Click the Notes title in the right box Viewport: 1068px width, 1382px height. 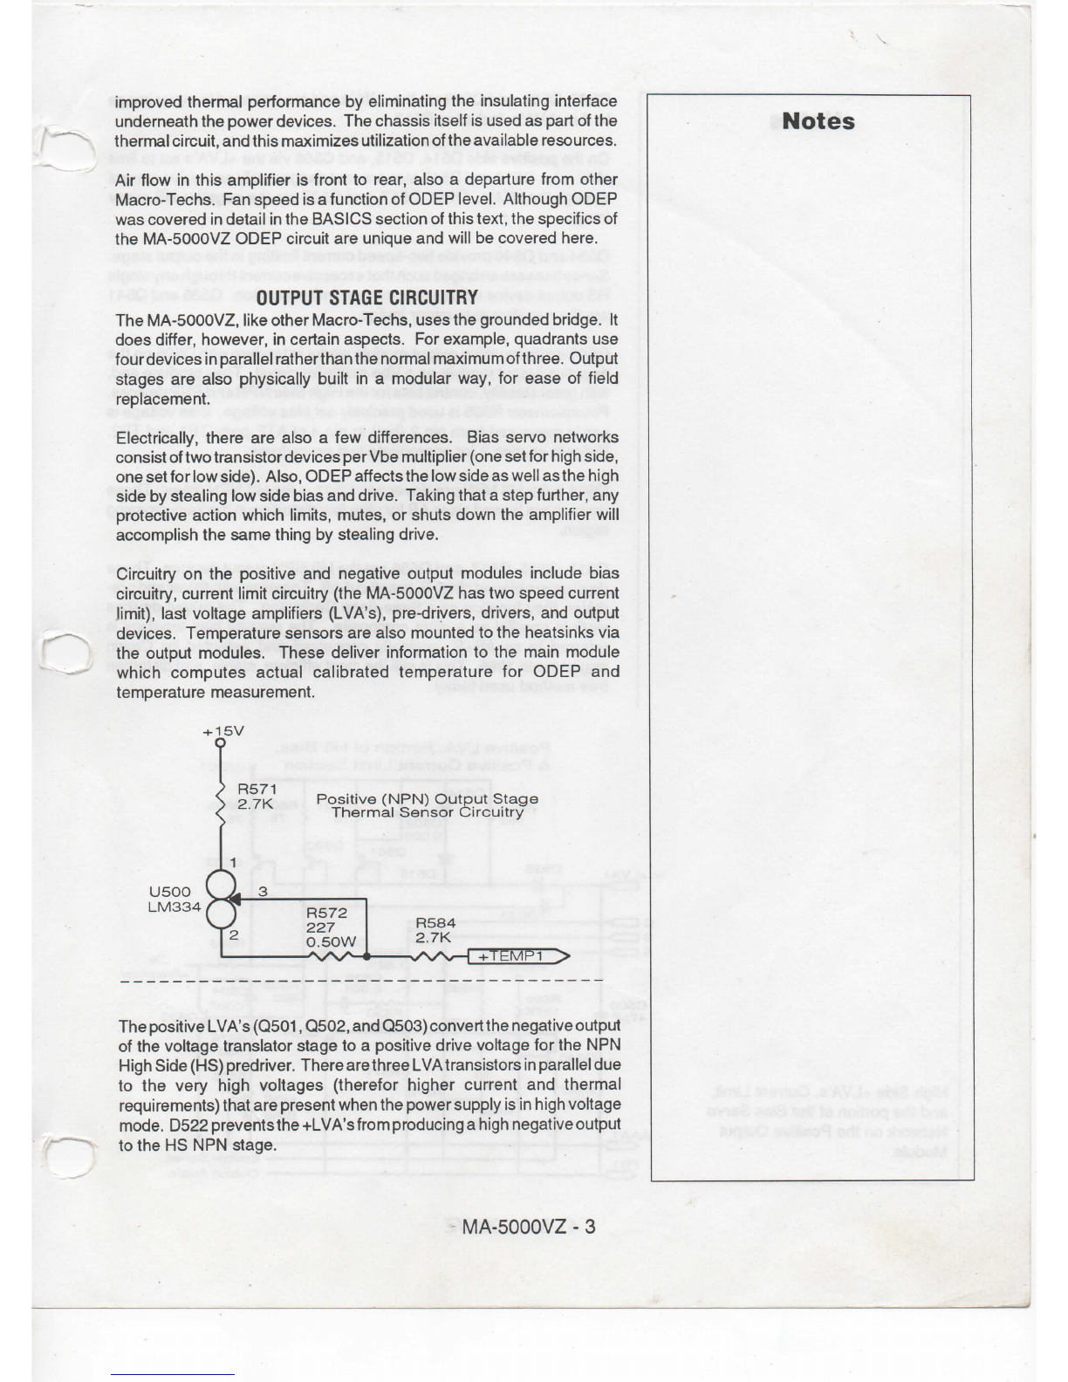pos(818,121)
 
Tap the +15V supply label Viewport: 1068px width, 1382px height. pos(223,731)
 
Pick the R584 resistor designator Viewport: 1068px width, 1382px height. pos(435,922)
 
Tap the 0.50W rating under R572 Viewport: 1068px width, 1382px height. pos(331,941)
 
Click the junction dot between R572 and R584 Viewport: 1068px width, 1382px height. pos(366,956)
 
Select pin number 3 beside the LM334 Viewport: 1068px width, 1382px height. pos(263,892)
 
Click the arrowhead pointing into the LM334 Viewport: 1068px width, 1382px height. pos(231,899)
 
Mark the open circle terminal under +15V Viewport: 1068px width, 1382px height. pos(221,744)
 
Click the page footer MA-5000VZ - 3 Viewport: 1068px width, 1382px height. pos(529,1226)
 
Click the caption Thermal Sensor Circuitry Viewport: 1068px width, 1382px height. pos(428,812)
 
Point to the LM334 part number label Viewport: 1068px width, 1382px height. pos(175,907)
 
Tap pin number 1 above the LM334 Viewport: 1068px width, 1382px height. pos(234,863)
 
